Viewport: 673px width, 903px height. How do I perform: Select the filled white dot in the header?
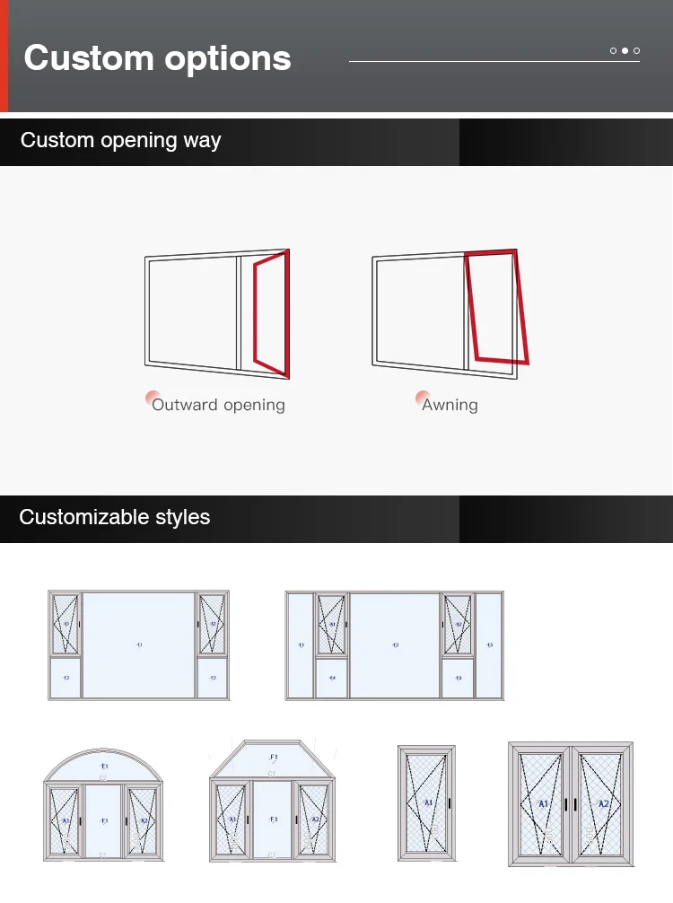pyautogui.click(x=625, y=51)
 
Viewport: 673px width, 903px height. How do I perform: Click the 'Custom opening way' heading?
pyautogui.click(x=120, y=141)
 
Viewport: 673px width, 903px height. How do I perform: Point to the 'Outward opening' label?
pyautogui.click(x=218, y=405)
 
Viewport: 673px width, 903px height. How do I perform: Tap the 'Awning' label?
pyautogui.click(x=450, y=405)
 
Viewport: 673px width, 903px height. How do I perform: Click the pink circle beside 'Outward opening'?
pyautogui.click(x=153, y=398)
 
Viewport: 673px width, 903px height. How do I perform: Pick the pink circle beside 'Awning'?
pyautogui.click(x=422, y=398)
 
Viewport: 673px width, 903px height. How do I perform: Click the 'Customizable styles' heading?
pyautogui.click(x=114, y=518)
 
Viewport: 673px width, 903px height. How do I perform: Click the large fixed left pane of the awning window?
pyautogui.click(x=417, y=311)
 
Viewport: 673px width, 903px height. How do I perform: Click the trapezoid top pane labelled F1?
pyautogui.click(x=274, y=758)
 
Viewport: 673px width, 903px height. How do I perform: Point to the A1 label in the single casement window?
pyautogui.click(x=427, y=802)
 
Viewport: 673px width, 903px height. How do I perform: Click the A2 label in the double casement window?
pyautogui.click(x=603, y=803)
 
